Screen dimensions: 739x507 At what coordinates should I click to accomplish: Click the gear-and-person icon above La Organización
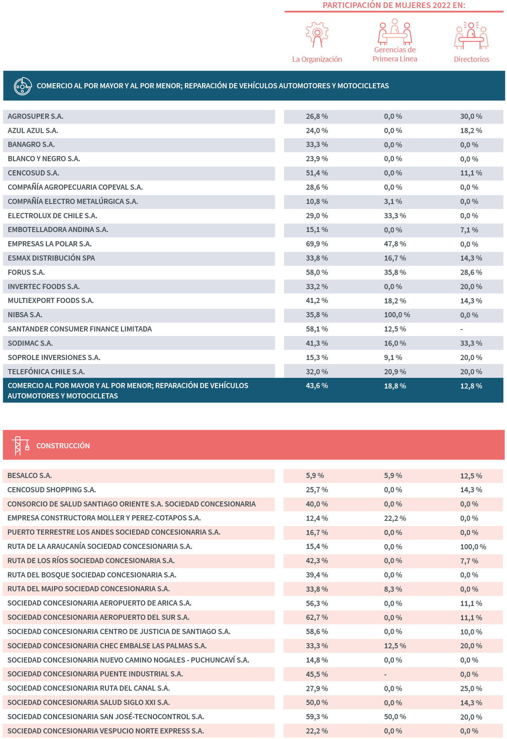317,35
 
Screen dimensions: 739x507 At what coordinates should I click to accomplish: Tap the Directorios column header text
471,59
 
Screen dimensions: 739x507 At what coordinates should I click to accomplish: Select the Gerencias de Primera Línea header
395,55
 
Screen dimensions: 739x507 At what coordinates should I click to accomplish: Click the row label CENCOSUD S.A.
33,173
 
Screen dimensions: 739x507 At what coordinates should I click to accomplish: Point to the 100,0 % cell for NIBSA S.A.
397,315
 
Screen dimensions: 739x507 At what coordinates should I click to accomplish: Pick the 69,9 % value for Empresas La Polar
317,244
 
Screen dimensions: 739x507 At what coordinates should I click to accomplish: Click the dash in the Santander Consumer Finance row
461,329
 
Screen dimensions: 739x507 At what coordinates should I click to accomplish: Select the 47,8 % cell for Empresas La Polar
395,244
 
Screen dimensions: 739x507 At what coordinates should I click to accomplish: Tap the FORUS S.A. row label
26,272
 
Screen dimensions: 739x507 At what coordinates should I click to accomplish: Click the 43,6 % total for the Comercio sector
317,386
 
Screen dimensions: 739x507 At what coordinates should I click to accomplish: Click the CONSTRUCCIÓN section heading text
63,446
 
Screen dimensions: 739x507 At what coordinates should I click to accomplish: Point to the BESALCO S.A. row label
30,476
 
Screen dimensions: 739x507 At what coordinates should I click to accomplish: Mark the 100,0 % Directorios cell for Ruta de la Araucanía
473,547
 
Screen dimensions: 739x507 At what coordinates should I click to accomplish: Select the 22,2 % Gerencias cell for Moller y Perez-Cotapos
395,518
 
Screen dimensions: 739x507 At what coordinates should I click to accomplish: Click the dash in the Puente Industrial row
385,674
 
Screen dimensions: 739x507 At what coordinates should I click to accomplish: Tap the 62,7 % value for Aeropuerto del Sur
317,617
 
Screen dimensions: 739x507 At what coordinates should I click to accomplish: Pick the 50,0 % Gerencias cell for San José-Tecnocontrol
395,717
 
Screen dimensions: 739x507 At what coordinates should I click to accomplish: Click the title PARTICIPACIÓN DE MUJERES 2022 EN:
394,5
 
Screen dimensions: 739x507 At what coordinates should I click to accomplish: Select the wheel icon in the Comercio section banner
23,86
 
